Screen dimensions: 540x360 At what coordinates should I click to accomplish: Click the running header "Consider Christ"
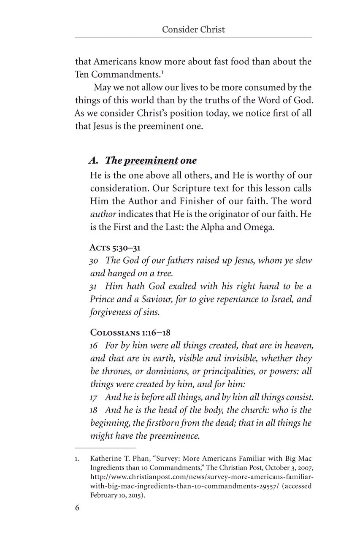tap(193, 29)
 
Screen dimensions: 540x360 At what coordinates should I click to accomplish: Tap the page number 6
tap(77, 508)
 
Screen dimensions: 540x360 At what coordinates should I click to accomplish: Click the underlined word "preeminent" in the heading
tap(151, 160)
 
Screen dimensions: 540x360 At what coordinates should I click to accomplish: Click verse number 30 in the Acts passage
tap(94, 261)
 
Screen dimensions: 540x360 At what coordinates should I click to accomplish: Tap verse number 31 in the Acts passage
tap(94, 286)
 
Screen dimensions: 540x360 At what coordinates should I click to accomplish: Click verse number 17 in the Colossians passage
tap(94, 397)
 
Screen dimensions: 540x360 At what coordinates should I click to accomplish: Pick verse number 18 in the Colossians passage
tap(94, 410)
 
